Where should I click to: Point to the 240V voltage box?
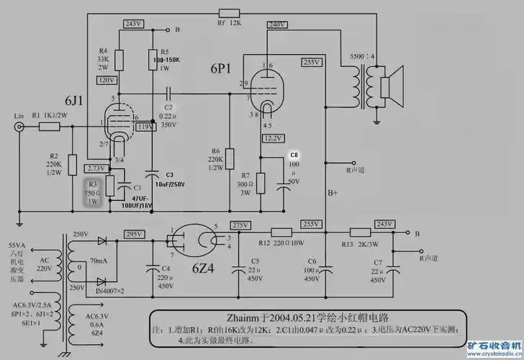point(277,24)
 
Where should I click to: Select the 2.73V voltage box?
point(96,168)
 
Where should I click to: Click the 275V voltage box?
point(240,225)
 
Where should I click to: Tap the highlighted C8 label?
point(293,155)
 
